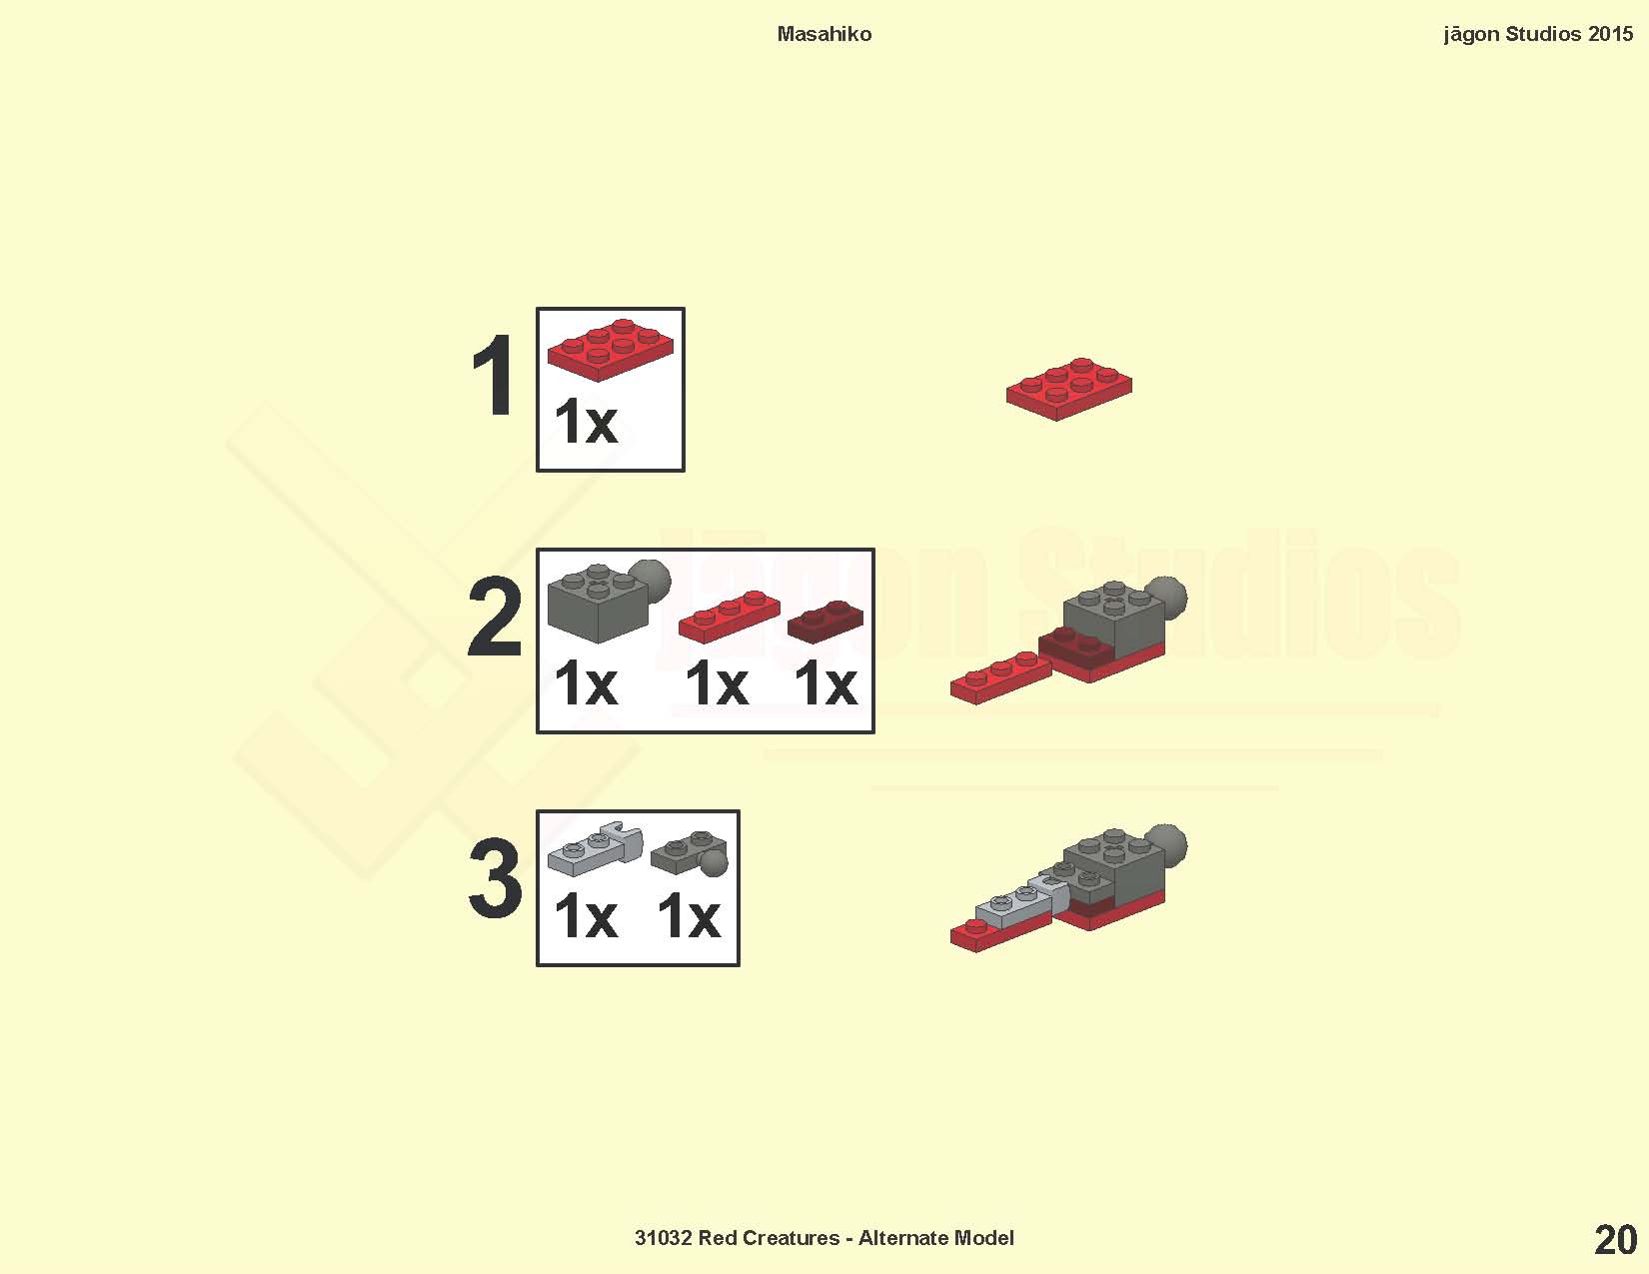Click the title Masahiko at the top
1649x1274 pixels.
point(824,34)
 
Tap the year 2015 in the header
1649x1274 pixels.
point(1610,34)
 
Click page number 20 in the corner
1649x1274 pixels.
point(1616,1240)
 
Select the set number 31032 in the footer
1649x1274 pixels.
point(663,1238)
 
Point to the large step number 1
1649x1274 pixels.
point(494,376)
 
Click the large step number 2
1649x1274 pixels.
point(495,616)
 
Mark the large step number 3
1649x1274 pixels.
point(495,878)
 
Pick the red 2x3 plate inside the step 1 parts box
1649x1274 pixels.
point(610,349)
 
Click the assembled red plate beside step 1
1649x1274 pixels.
point(1068,389)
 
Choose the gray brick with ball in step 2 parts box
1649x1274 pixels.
point(607,602)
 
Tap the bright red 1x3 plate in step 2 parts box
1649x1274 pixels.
point(729,617)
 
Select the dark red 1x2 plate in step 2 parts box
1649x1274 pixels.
point(824,622)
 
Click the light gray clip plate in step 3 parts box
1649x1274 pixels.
point(595,850)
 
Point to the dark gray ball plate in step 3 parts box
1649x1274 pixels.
point(690,853)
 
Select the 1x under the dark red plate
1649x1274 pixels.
point(825,683)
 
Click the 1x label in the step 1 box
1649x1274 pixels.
point(586,421)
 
